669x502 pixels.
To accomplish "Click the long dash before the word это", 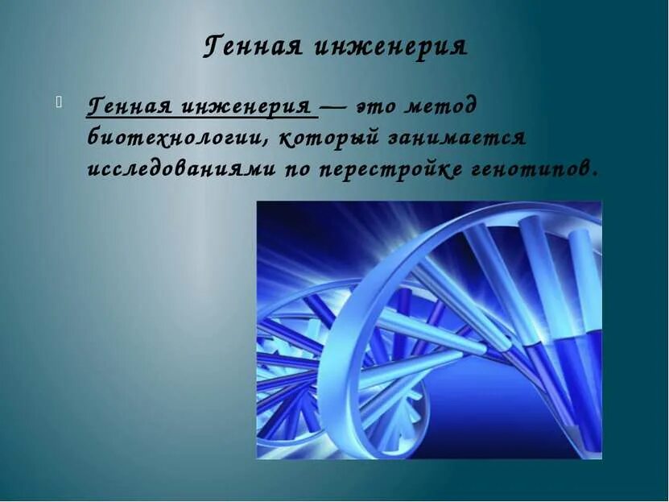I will point(334,106).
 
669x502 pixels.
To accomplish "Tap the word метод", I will point(444,106).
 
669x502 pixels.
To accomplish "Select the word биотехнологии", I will point(177,137).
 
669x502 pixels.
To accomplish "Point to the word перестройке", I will point(399,169).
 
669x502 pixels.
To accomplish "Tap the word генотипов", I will point(539,169).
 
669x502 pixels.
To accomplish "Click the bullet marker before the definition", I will point(58,102).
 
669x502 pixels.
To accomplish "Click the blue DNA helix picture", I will point(429,330).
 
